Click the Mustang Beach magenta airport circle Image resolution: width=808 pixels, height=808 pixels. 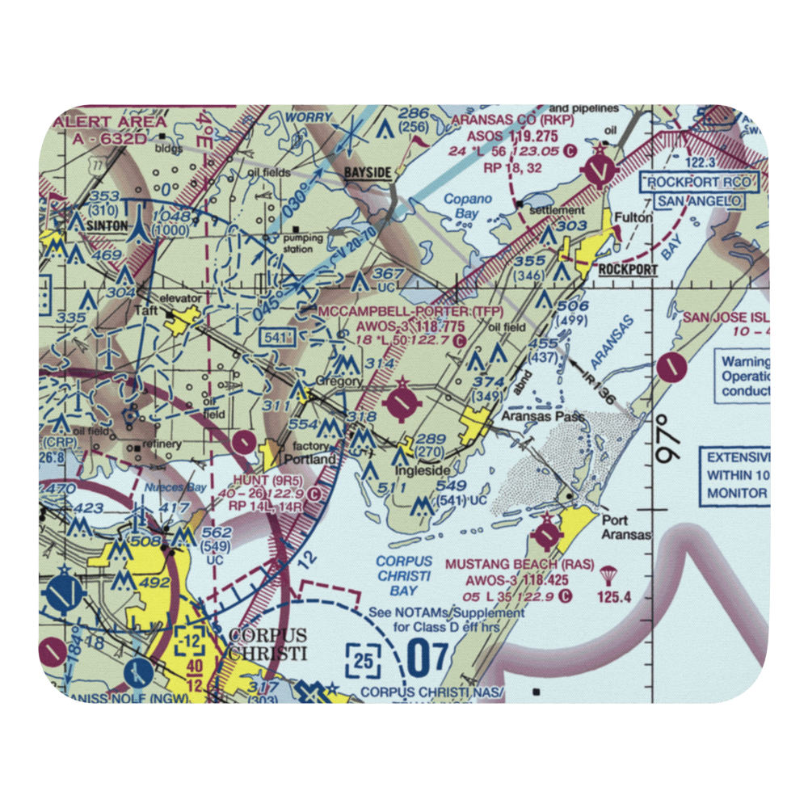click(x=547, y=534)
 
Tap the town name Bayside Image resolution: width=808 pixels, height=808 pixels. click(x=368, y=173)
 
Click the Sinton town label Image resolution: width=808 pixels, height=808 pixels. click(x=108, y=227)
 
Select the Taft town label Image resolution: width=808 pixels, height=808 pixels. click(x=146, y=309)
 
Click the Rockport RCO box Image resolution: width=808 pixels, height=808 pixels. click(x=700, y=183)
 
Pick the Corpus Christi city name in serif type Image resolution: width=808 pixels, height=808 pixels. click(x=267, y=644)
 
